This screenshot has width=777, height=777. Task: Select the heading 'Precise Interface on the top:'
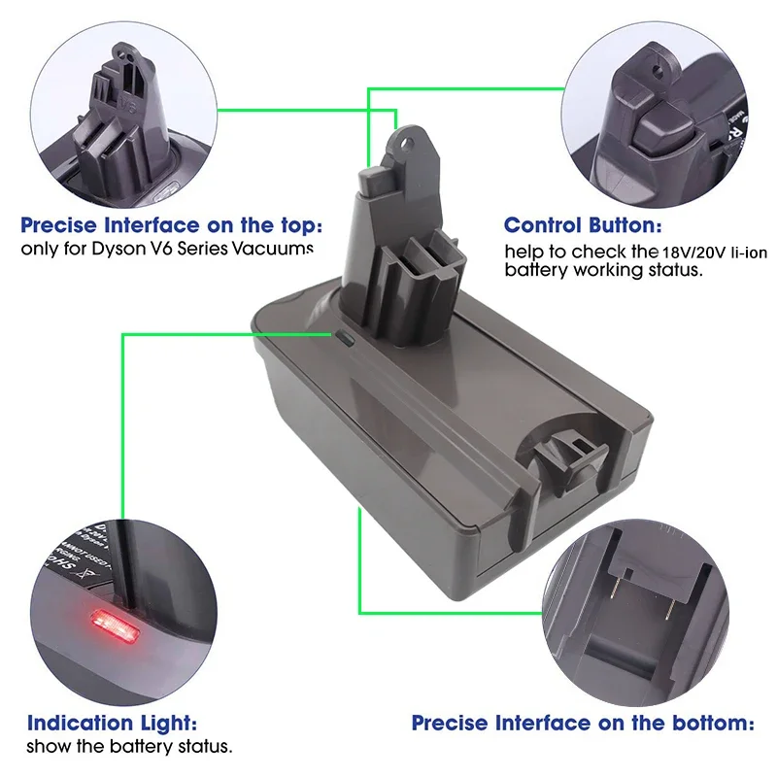171,226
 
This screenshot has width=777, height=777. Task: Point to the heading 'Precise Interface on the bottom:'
583,723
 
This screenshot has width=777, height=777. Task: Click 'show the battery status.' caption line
129,747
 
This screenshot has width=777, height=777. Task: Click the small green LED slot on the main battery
347,339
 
